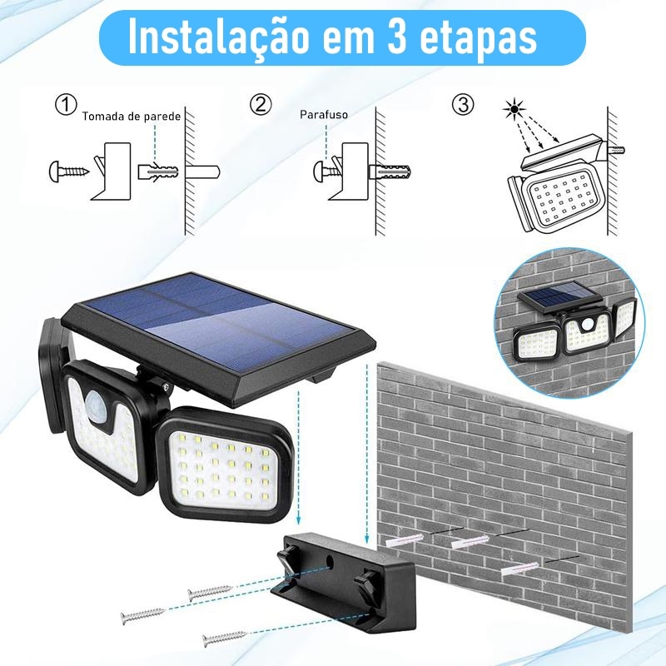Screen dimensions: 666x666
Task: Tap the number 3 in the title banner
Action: (398, 37)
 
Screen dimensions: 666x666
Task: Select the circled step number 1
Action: (67, 105)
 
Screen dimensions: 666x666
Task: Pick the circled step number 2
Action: (260, 105)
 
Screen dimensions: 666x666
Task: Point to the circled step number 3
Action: (463, 105)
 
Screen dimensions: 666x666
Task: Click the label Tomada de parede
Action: (132, 116)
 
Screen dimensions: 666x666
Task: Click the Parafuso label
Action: (324, 114)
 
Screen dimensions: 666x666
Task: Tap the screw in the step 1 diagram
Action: (69, 171)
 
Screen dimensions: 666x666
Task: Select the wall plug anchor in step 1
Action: (158, 171)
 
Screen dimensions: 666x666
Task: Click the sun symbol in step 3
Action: (514, 109)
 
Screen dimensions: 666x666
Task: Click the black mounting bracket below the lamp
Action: (343, 583)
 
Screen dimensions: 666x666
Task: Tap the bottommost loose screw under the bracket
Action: (225, 639)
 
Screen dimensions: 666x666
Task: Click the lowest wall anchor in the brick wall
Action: (519, 569)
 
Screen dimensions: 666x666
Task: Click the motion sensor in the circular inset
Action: (588, 325)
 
